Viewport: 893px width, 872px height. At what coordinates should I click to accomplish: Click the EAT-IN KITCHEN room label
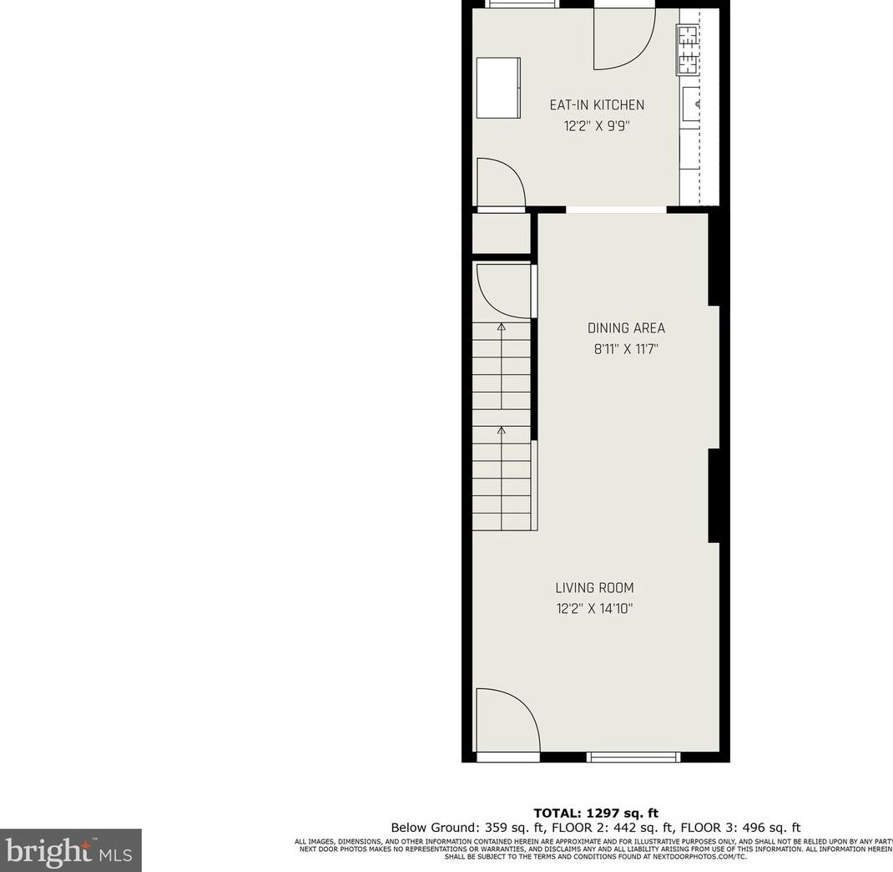click(x=596, y=105)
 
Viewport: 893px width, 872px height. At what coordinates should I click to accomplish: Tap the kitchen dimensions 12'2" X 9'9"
click(x=596, y=127)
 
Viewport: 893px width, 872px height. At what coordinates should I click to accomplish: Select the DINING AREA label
click(x=626, y=328)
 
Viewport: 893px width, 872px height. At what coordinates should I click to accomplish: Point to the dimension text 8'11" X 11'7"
click(x=626, y=350)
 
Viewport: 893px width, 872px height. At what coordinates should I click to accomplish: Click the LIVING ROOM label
click(x=594, y=587)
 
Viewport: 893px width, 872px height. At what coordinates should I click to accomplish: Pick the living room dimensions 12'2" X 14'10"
click(x=594, y=609)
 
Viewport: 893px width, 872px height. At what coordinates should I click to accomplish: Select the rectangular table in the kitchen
click(x=498, y=88)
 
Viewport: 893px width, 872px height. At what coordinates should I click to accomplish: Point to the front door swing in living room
click(x=505, y=720)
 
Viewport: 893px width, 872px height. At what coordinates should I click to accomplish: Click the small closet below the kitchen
click(x=501, y=234)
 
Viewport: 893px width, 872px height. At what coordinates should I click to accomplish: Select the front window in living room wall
click(x=633, y=757)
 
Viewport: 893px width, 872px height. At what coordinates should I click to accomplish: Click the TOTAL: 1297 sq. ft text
click(x=596, y=813)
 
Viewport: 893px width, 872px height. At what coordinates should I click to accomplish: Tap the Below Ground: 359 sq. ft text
click(x=455, y=828)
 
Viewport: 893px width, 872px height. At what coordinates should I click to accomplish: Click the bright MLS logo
click(x=71, y=850)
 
